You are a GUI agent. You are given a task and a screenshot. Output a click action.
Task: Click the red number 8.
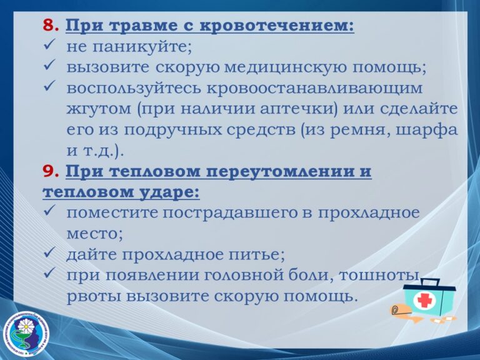pos(51,26)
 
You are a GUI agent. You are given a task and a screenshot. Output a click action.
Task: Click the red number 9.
pos(51,171)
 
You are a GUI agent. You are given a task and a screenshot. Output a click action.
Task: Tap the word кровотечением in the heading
pos(276,26)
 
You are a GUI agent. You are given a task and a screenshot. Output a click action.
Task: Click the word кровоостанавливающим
pos(315,89)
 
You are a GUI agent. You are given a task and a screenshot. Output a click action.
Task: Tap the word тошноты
pos(378,275)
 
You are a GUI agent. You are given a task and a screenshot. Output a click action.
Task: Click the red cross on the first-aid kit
pos(424,301)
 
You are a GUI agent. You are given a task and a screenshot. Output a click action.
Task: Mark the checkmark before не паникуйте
pos(49,46)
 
